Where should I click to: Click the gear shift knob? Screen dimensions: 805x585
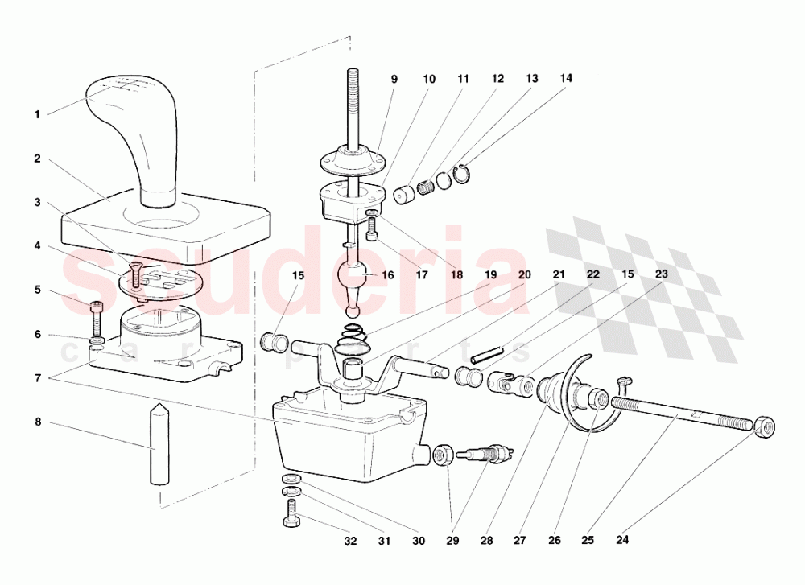click(134, 138)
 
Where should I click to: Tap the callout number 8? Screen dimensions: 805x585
click(38, 422)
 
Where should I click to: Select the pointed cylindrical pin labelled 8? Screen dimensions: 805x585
click(159, 443)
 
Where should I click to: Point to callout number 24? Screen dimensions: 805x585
click(622, 540)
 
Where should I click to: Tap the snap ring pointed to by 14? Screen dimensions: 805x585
click(461, 174)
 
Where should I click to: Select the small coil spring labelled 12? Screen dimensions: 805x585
click(426, 186)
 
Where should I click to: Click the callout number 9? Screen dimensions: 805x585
click(394, 80)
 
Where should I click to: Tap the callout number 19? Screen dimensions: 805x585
click(491, 275)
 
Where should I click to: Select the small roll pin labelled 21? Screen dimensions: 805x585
click(485, 355)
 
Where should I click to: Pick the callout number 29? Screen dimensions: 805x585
click(452, 541)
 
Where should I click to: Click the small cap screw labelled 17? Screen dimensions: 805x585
click(372, 229)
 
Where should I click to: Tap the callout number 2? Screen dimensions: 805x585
click(37, 159)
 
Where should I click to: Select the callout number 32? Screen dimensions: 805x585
click(350, 541)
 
